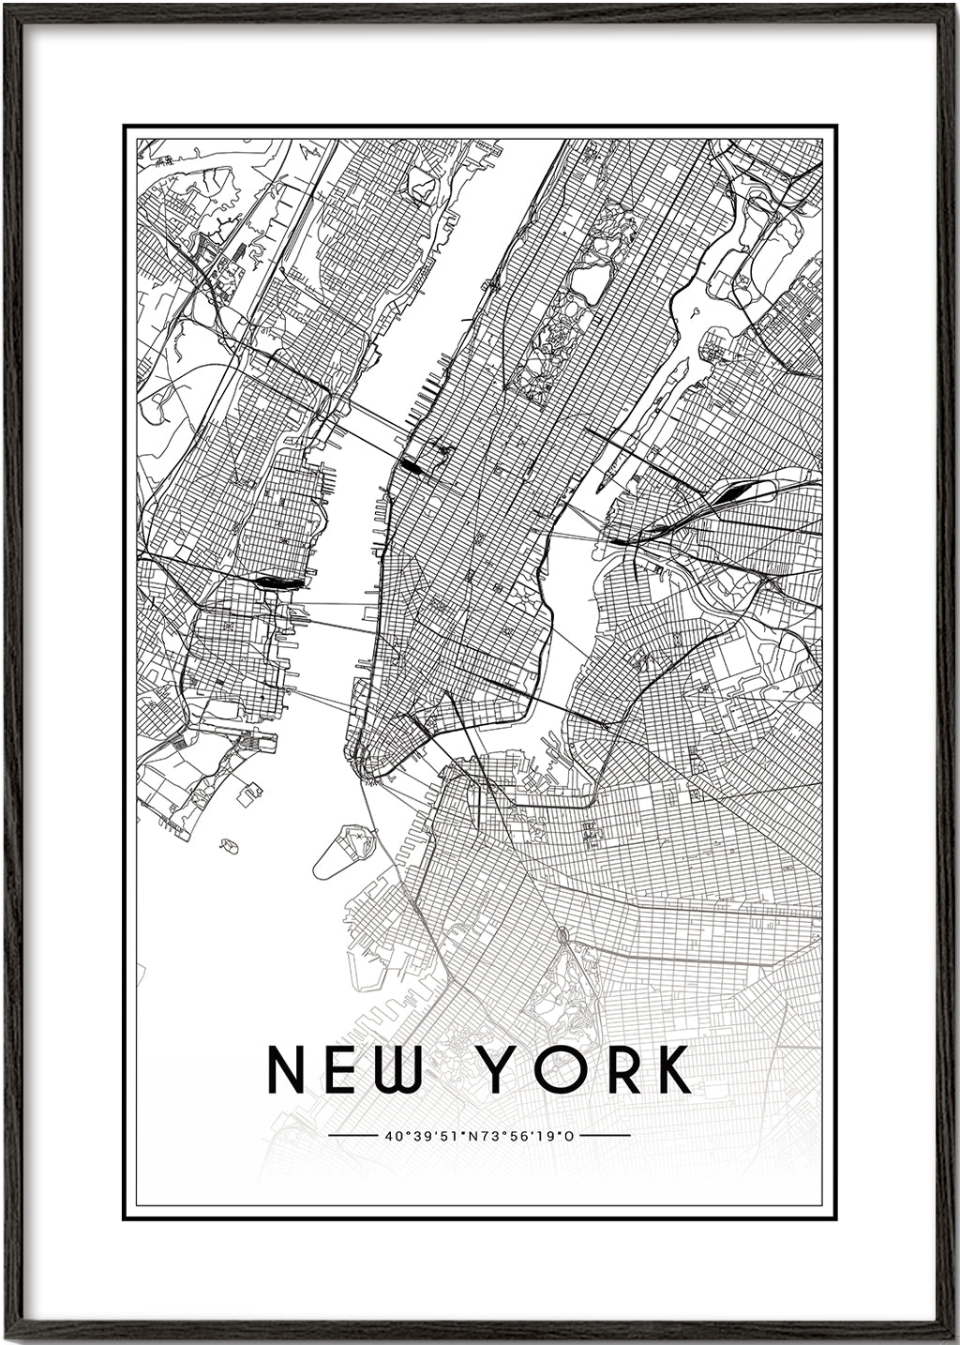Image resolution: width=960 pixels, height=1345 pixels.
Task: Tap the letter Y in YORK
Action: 503,1069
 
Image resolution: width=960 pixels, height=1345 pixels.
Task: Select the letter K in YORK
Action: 671,1069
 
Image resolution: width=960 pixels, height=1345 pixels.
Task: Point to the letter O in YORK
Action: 562,1069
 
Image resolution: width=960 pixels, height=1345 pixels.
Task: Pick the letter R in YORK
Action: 619,1069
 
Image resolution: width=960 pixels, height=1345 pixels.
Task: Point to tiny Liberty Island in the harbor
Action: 228,846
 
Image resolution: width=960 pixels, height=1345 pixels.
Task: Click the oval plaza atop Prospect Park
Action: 562,934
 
